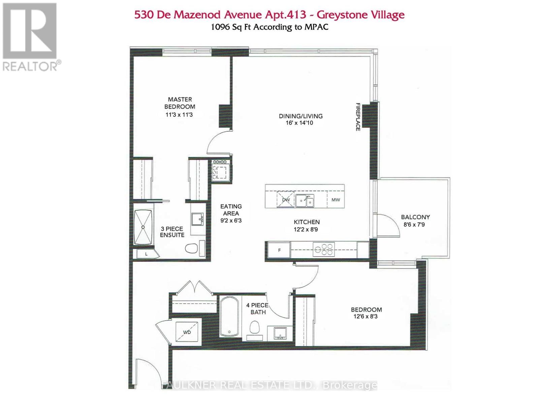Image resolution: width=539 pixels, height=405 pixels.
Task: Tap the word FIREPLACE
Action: (358, 117)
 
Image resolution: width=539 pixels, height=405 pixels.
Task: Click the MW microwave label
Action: (336, 200)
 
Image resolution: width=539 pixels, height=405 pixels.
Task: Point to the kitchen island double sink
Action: (305, 201)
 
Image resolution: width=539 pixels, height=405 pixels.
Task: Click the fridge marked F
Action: (279, 250)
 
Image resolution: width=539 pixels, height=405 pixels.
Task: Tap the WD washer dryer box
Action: (187, 332)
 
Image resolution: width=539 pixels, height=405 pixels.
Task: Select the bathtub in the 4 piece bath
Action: (229, 316)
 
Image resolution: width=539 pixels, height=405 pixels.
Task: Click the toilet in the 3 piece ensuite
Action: (191, 248)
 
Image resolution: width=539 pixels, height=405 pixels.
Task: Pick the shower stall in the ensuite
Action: (143, 227)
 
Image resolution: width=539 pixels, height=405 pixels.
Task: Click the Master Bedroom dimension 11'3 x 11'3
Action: (179, 115)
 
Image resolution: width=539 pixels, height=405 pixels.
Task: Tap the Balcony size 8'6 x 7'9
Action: (414, 224)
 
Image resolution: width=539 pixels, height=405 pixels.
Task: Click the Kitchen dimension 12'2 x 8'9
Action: (306, 230)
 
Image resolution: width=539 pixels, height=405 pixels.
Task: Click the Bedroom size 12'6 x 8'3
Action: (366, 317)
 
